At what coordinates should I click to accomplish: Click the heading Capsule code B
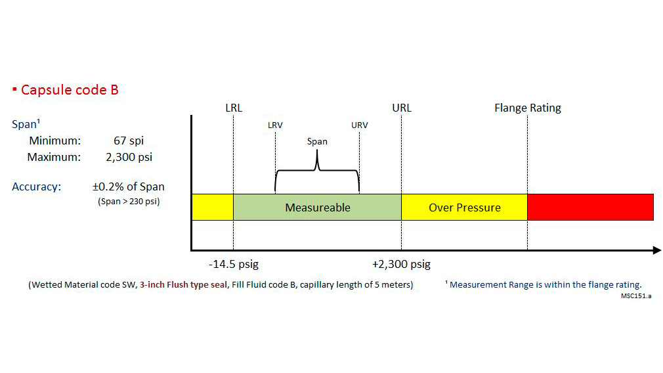click(x=69, y=90)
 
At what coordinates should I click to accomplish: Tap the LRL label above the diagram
click(x=233, y=108)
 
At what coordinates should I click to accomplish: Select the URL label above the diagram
click(x=401, y=108)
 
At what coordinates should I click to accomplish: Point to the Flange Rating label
click(x=527, y=108)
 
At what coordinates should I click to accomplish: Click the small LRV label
click(x=275, y=125)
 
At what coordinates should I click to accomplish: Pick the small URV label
click(x=359, y=125)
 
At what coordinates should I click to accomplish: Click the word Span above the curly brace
click(x=317, y=141)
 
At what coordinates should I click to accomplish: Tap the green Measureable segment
click(x=317, y=208)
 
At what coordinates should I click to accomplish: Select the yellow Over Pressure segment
click(x=464, y=208)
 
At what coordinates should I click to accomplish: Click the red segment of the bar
click(x=590, y=208)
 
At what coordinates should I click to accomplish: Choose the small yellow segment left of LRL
click(x=212, y=208)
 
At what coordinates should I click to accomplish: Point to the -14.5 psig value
click(x=234, y=265)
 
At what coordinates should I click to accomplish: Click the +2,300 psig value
click(x=401, y=265)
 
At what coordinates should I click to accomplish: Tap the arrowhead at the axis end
click(x=656, y=250)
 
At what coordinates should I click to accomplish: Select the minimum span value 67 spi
click(x=128, y=141)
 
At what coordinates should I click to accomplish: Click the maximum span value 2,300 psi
click(x=128, y=158)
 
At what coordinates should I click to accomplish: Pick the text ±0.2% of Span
click(x=128, y=186)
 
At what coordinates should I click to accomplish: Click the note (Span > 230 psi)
click(x=129, y=202)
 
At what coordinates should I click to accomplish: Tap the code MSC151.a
click(x=636, y=296)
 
